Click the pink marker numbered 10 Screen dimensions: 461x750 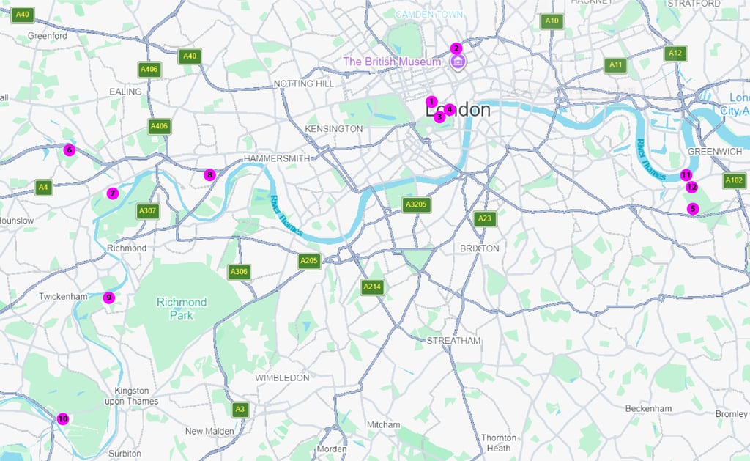(63, 418)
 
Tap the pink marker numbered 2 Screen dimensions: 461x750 (456, 48)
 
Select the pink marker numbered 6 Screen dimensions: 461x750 (69, 150)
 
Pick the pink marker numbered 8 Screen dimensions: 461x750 (210, 174)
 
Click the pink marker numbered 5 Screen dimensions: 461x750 (693, 209)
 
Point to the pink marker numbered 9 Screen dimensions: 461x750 (108, 297)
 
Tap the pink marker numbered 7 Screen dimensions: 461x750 (112, 193)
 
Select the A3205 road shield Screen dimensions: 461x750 (415, 204)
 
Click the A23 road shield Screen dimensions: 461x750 (484, 218)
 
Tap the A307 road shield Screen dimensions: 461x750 (147, 211)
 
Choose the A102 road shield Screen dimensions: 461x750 (734, 180)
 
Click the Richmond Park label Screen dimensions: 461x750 (181, 308)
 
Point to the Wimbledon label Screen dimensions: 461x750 (282, 377)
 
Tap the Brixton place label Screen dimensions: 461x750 (480, 248)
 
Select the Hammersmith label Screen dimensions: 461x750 (279, 158)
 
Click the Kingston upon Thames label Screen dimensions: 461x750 (132, 396)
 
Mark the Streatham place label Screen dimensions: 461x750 (453, 341)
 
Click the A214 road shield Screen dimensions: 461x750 (372, 287)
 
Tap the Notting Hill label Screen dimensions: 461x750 (303, 84)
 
